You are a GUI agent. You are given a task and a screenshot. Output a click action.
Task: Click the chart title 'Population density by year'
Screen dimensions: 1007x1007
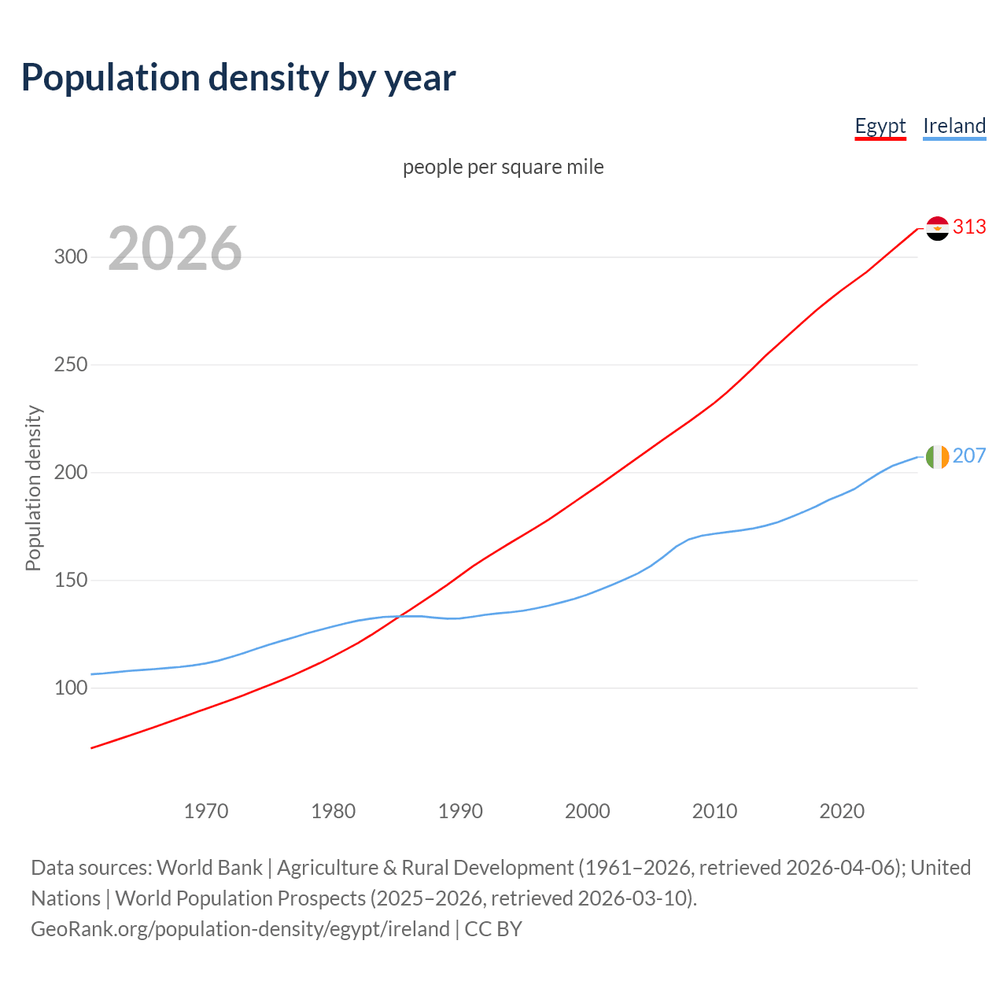point(238,78)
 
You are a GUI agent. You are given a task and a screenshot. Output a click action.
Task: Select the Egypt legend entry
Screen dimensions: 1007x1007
point(880,126)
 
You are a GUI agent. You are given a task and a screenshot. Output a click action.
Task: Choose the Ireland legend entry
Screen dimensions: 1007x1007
point(954,126)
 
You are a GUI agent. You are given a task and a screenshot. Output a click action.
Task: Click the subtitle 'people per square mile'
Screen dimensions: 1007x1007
point(503,167)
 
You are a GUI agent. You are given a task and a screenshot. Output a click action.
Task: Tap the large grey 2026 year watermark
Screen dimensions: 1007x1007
point(175,249)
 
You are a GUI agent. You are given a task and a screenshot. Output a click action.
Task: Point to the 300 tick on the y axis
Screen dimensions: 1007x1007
point(71,257)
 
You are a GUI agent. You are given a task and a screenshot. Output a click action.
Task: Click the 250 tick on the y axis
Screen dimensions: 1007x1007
point(71,365)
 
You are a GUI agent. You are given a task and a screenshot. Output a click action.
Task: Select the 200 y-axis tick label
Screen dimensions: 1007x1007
point(71,473)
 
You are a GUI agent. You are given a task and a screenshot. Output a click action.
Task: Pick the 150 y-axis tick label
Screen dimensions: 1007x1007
point(71,581)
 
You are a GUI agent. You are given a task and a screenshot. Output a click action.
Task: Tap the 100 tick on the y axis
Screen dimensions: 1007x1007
point(71,688)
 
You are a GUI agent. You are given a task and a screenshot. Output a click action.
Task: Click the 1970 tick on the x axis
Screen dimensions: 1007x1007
point(206,811)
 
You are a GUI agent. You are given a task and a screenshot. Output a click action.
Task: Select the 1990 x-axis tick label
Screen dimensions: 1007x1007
point(460,811)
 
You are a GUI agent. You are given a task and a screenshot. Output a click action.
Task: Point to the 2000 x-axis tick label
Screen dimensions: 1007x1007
point(588,811)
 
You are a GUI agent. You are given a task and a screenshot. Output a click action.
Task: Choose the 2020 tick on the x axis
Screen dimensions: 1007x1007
point(842,811)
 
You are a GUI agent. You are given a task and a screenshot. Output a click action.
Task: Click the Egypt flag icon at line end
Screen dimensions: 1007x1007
point(937,228)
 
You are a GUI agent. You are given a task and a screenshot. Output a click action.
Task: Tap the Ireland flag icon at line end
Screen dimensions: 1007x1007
point(937,456)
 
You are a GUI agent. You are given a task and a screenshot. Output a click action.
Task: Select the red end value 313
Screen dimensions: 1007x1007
point(969,227)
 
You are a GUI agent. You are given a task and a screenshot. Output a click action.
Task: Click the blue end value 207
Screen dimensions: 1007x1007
point(969,456)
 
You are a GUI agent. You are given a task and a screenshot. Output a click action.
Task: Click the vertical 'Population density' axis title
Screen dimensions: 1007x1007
point(33,488)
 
